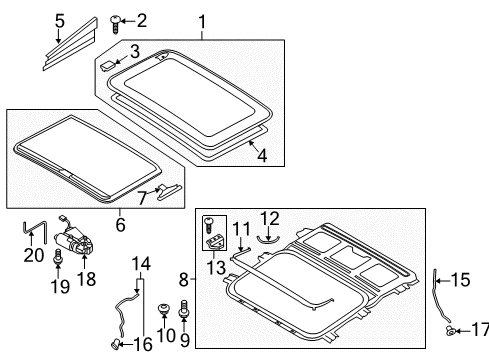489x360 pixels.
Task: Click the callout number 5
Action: [60, 21]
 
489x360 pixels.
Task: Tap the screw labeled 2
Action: [115, 24]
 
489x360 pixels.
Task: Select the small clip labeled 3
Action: [107, 65]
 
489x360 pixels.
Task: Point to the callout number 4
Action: [262, 155]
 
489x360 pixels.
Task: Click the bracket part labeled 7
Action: [169, 192]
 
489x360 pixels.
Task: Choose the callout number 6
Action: [120, 224]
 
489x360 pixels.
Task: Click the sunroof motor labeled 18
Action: [74, 239]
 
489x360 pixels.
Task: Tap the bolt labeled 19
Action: [58, 258]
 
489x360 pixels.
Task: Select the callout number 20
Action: [34, 255]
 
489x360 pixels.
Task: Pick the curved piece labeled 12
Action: [268, 239]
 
